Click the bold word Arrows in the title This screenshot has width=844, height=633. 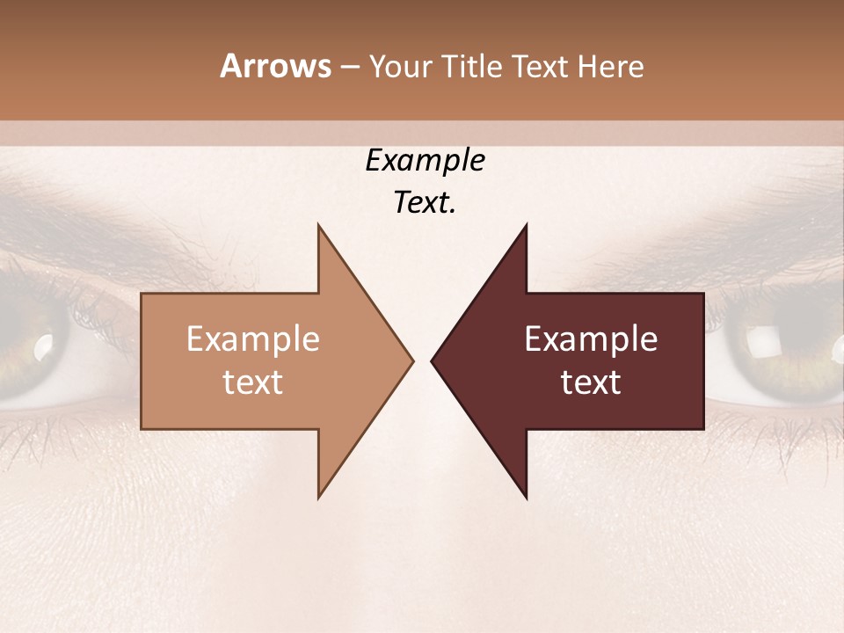tap(275, 66)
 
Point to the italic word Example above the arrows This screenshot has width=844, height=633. tap(425, 161)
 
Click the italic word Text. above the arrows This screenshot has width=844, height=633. tap(425, 203)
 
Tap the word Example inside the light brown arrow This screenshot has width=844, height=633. tap(253, 339)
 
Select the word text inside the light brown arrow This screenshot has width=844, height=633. tap(253, 382)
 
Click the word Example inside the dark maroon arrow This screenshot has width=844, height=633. tap(591, 339)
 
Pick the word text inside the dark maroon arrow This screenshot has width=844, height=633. tap(591, 382)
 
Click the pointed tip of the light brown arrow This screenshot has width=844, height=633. tap(411, 360)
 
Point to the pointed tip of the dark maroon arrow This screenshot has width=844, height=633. tap(433, 360)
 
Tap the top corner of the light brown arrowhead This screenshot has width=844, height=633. tap(319, 226)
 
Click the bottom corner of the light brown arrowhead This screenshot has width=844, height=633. tap(319, 497)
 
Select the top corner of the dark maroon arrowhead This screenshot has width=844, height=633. tap(526, 226)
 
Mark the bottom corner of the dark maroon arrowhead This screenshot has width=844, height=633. tap(526, 497)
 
